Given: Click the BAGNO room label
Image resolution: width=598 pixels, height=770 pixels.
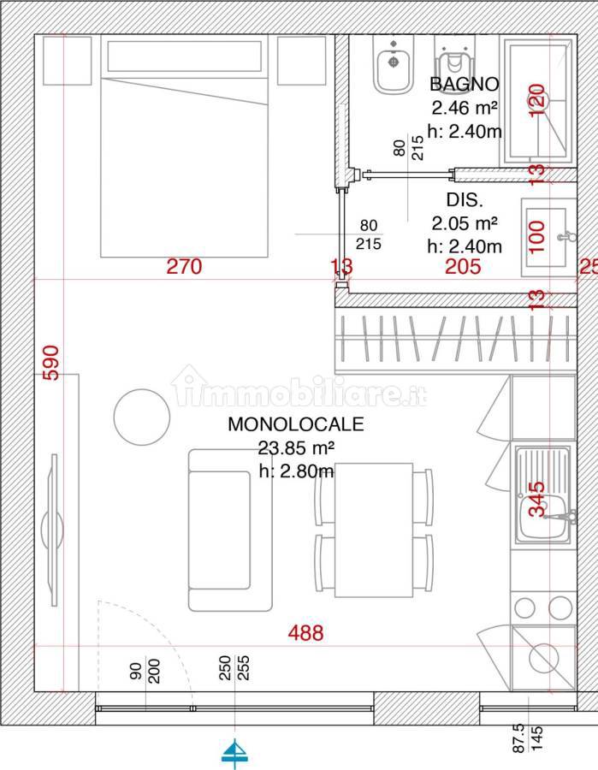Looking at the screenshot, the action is point(464,84).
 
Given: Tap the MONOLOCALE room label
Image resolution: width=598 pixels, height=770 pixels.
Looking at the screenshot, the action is point(295,424).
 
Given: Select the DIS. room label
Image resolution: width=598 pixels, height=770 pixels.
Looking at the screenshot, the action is point(465,199).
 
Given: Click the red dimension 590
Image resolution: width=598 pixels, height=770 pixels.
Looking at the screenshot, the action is point(51,363).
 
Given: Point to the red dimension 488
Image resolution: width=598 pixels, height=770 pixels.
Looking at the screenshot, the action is point(305,632).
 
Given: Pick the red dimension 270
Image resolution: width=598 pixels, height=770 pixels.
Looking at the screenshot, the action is point(184,266).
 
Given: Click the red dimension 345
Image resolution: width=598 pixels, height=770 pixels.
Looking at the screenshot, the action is point(536,500).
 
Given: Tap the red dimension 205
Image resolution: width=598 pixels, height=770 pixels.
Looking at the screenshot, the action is point(463,266).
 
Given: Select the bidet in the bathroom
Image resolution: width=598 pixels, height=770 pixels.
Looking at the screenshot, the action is point(394,64).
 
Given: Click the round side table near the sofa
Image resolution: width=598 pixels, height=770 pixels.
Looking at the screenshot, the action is point(142,418).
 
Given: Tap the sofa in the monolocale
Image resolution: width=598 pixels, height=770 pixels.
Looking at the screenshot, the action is point(230,530).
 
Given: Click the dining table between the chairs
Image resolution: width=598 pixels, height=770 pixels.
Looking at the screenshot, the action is point(374,530).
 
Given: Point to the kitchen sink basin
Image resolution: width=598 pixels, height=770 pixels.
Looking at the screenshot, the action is point(542,516).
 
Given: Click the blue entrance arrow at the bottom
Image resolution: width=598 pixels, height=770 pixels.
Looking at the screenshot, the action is point(234,752).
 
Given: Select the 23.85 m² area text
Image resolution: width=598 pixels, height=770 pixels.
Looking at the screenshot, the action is point(296,447).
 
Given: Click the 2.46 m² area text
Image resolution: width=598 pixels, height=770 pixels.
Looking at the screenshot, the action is point(465,108).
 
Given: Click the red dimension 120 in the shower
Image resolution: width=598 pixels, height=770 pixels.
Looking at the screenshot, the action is point(536,100).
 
